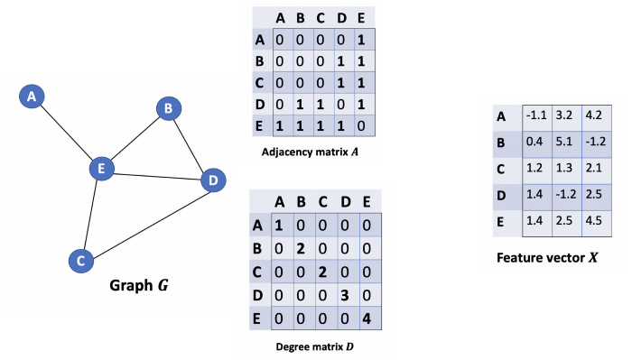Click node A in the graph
[33, 96]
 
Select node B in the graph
[167, 109]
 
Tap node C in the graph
[81, 261]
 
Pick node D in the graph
[212, 180]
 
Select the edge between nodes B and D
[190, 144]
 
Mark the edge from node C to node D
[146, 220]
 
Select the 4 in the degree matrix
[367, 318]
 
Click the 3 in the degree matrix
[346, 297]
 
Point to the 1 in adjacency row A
[367, 42]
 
